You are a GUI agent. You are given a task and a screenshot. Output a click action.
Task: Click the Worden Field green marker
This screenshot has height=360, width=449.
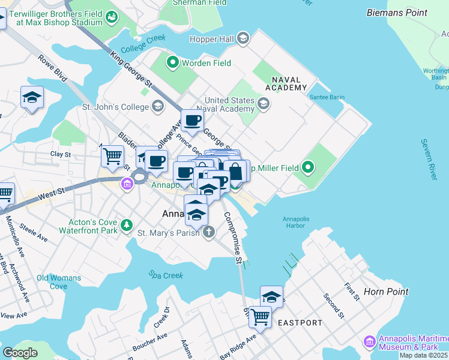point(172,61)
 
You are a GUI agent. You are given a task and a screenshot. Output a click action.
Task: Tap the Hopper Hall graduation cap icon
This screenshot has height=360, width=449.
point(243,40)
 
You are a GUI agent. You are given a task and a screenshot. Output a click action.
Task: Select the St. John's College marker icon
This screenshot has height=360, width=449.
point(157,107)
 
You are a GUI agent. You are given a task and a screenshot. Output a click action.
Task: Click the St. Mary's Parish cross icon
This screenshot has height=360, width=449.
point(208,232)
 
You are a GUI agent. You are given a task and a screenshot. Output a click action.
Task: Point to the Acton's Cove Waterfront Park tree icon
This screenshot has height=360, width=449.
point(127,226)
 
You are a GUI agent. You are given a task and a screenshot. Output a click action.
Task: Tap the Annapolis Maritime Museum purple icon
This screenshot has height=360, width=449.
point(369,342)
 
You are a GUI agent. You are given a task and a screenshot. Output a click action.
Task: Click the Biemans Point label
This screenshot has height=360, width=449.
point(396,12)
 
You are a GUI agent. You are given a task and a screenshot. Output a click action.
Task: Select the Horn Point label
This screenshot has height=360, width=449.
point(386,292)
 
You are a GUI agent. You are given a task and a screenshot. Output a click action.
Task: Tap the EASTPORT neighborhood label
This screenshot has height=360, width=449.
point(300,323)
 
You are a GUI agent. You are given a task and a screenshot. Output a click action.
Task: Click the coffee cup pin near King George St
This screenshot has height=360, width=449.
point(192,120)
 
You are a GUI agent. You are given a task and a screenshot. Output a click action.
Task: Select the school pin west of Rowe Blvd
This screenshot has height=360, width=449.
point(32,98)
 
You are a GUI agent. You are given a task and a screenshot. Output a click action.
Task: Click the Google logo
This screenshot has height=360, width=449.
point(20,353)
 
